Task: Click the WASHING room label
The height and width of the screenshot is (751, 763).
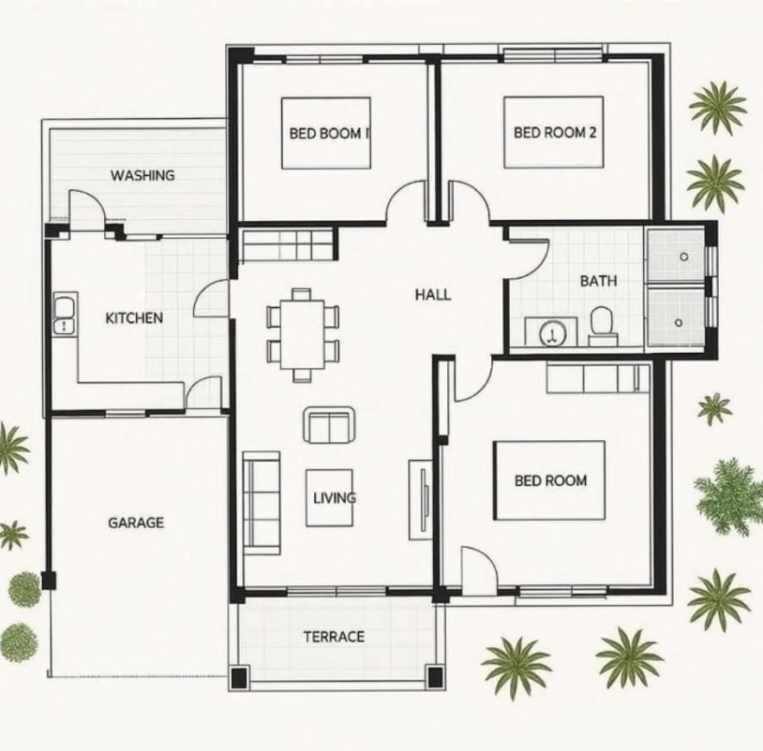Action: click(x=142, y=175)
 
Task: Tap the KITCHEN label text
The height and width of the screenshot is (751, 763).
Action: click(x=134, y=318)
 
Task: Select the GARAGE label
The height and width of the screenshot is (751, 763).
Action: click(x=136, y=523)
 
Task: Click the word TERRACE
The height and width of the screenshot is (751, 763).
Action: click(x=334, y=637)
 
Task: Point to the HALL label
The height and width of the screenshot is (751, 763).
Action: click(x=433, y=295)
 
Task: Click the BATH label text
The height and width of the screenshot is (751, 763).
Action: click(x=599, y=281)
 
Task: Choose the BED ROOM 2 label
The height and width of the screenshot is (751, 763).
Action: click(x=555, y=132)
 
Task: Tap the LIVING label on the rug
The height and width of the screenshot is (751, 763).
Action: click(x=335, y=498)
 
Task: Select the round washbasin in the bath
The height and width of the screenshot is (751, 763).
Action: click(x=552, y=334)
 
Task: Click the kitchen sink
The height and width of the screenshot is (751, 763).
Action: click(x=65, y=314)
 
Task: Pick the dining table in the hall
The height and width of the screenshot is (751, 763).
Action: click(x=303, y=335)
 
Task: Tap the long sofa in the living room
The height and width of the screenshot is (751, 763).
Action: click(x=262, y=503)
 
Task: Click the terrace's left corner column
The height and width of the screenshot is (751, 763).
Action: click(x=239, y=678)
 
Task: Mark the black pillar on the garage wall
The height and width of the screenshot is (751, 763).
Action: click(x=48, y=581)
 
